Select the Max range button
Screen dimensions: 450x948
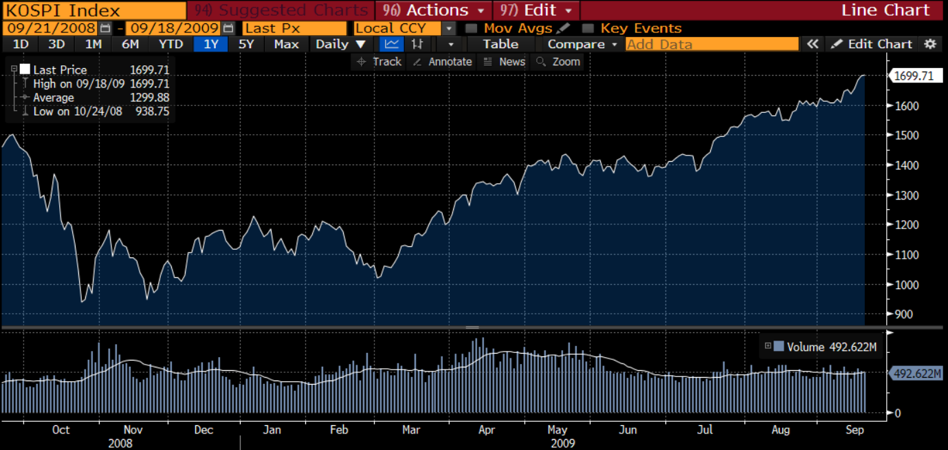click(286, 44)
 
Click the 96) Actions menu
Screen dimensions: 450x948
click(434, 10)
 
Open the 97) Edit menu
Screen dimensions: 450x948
click(536, 10)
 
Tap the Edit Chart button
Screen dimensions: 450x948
click(872, 44)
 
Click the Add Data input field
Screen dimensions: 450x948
click(712, 44)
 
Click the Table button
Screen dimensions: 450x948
click(500, 44)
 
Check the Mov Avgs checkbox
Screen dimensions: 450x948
click(471, 28)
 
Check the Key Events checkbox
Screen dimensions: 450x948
click(588, 28)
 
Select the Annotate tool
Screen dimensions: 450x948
click(443, 62)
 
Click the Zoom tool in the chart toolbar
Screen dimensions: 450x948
click(558, 62)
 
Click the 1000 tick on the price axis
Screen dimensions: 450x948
click(905, 285)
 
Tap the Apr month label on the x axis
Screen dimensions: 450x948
click(486, 430)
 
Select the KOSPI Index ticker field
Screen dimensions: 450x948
click(93, 10)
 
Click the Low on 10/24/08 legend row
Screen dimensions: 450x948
click(96, 111)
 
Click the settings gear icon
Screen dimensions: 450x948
click(930, 44)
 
